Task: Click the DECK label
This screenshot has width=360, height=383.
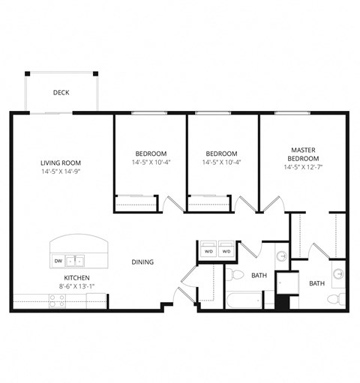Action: click(61, 93)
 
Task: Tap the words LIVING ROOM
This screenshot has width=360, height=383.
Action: click(61, 163)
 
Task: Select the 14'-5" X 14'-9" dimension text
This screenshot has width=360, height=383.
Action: click(61, 172)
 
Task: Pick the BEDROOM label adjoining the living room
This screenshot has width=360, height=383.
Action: click(150, 154)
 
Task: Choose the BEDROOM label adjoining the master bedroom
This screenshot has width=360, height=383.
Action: click(221, 154)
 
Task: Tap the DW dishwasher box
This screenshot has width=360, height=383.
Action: click(58, 261)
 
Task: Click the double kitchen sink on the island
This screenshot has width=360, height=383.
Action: click(74, 262)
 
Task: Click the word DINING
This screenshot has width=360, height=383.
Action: click(142, 262)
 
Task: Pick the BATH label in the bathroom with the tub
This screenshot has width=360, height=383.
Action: click(259, 275)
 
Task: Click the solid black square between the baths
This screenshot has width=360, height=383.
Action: click(283, 304)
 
